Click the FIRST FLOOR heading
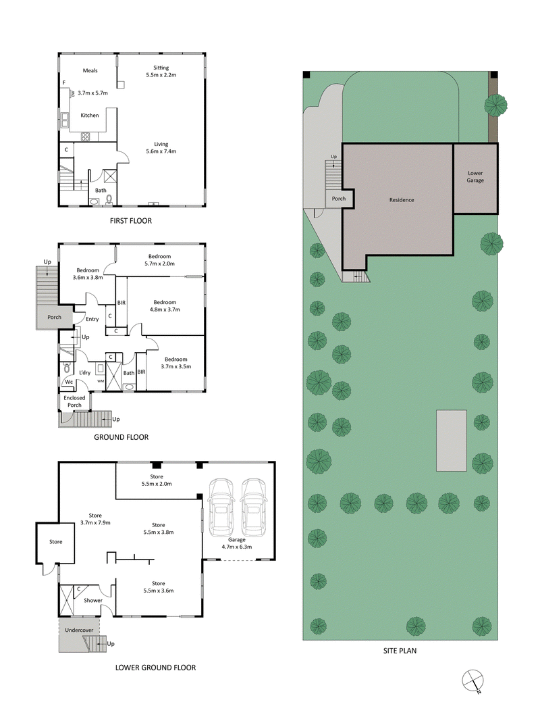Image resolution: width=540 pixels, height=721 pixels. [131, 220]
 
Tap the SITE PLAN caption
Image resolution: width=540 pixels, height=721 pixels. [402, 651]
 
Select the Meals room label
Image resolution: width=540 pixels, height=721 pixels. [91, 70]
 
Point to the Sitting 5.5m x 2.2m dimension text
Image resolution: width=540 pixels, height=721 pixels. [161, 75]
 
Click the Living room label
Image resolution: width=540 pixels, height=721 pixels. [161, 143]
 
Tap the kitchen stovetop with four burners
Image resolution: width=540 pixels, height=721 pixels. [87, 136]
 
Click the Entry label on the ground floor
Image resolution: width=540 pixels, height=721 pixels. [92, 319]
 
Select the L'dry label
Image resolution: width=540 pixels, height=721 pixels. [85, 372]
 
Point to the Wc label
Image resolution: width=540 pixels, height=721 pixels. [68, 382]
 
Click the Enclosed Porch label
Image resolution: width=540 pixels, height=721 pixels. [74, 401]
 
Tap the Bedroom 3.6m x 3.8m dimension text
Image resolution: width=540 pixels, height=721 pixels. [87, 277]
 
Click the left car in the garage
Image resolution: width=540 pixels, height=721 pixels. [221, 507]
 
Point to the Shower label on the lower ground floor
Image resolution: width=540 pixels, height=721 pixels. [93, 600]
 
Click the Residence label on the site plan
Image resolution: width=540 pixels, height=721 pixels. [401, 200]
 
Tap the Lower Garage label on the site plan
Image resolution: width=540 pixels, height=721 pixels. [475, 177]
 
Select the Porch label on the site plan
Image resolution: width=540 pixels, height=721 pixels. [338, 199]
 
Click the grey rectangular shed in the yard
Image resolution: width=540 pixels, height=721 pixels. [451, 440]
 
